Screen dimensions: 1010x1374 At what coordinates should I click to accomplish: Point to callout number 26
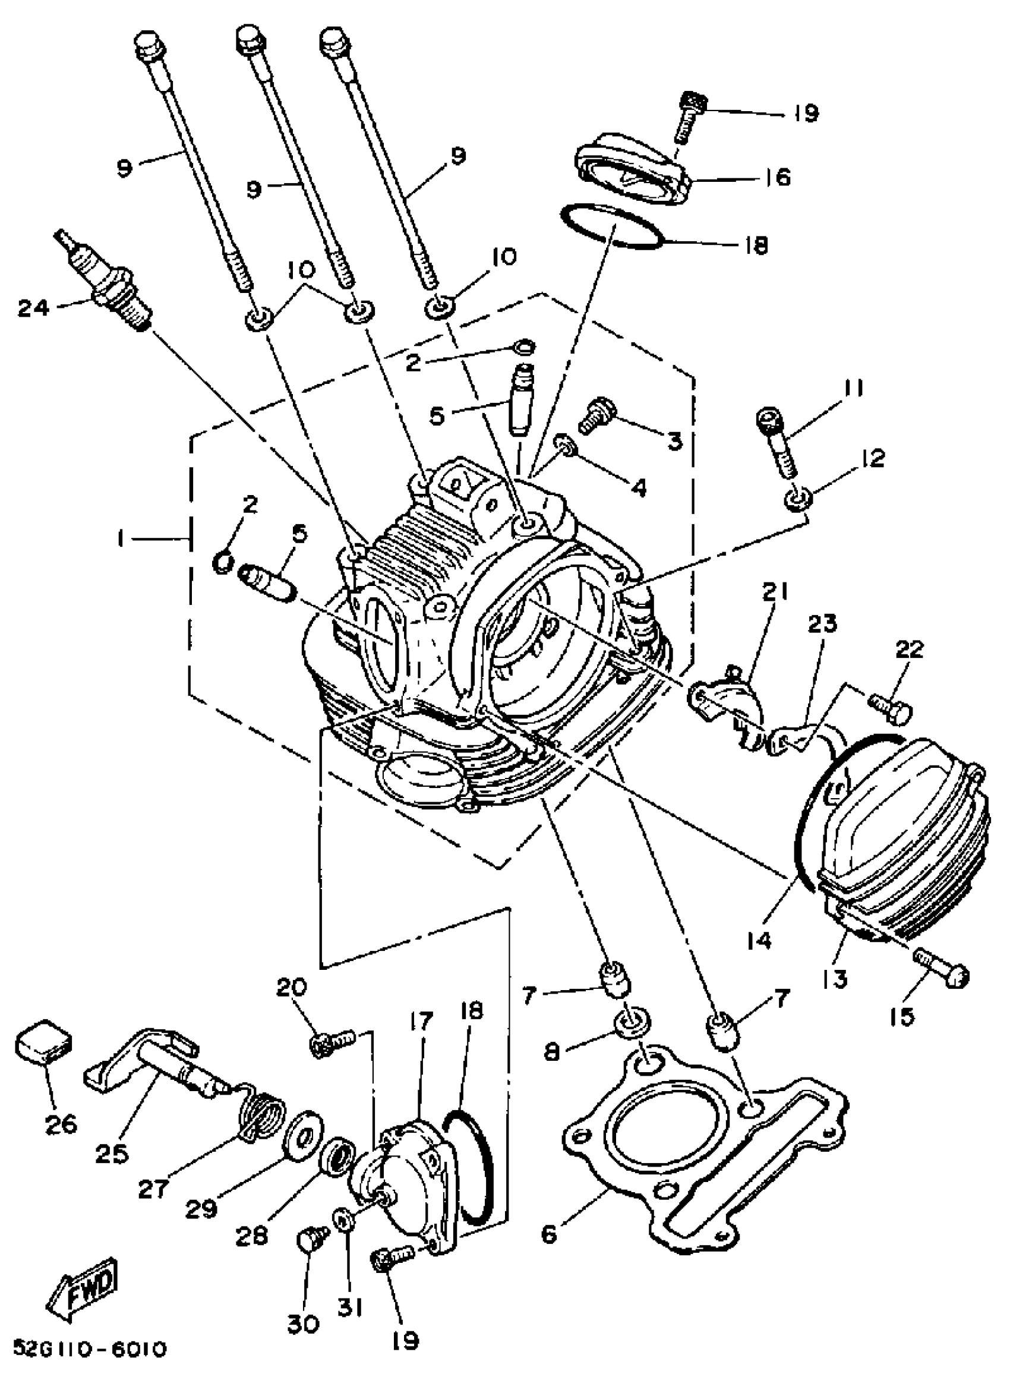click(61, 1123)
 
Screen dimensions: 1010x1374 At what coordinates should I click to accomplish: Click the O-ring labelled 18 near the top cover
click(611, 228)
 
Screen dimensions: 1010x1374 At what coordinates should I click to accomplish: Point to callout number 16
click(778, 177)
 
